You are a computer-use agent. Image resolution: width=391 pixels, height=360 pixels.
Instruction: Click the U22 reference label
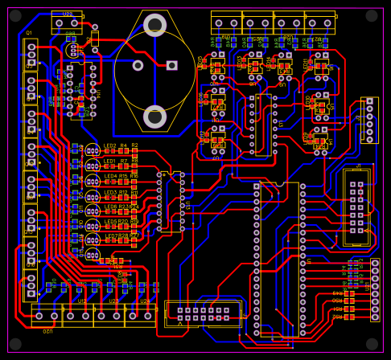point(68,14)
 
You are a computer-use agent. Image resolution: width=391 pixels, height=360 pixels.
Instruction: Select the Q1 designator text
point(29,33)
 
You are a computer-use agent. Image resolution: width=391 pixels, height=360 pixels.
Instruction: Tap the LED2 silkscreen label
point(109,145)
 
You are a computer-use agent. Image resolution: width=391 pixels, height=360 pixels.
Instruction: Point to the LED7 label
point(110,236)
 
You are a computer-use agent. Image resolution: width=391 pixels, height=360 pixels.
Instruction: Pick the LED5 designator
point(110,207)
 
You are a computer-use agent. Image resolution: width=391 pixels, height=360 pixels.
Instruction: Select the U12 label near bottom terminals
point(82,301)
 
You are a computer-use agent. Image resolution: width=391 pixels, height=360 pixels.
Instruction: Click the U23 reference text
point(113,301)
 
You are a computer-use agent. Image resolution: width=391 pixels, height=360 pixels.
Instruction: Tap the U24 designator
point(145,301)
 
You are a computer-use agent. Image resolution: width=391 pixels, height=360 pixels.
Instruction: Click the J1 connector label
point(359,166)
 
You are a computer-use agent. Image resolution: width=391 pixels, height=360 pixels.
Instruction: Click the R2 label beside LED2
point(134,145)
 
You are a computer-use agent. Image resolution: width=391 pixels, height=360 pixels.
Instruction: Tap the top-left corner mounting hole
point(15,16)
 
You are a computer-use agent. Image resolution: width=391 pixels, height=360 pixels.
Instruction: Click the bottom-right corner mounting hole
point(371,344)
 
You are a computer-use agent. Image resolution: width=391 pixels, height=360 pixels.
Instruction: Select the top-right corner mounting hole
point(371,16)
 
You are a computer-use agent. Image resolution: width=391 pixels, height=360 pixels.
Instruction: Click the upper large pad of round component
point(154,25)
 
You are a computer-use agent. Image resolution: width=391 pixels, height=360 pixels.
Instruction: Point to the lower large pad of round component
point(154,117)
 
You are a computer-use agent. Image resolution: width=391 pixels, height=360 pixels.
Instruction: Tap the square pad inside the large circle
point(171,65)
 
